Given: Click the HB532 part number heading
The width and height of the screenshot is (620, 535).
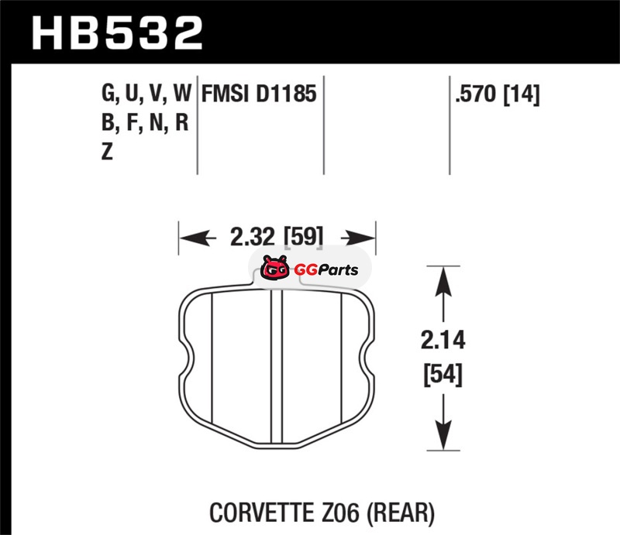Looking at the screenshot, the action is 117,33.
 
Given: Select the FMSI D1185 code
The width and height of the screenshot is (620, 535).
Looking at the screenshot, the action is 259,94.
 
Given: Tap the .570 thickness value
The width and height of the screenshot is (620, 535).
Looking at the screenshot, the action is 475,94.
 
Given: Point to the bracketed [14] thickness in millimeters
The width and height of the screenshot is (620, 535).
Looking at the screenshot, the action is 522,94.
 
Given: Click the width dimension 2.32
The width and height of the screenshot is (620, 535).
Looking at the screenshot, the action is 252,237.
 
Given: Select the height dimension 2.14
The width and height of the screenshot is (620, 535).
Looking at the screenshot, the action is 443,340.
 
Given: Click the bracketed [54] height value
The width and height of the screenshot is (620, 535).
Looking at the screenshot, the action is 443,375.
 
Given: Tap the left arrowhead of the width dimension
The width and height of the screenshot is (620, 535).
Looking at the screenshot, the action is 193,238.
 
